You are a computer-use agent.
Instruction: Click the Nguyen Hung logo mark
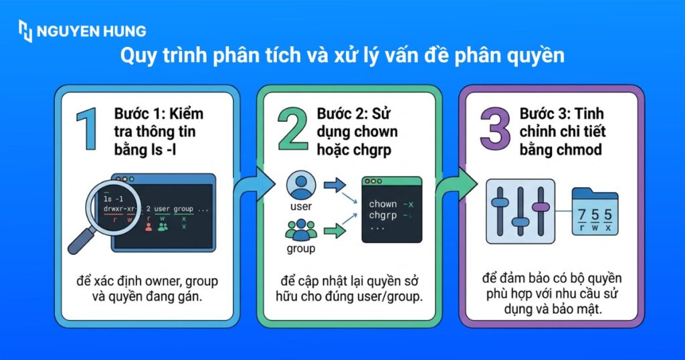(25, 31)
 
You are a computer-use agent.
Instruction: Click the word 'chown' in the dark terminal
(383, 203)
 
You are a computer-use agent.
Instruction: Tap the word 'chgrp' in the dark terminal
(383, 215)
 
